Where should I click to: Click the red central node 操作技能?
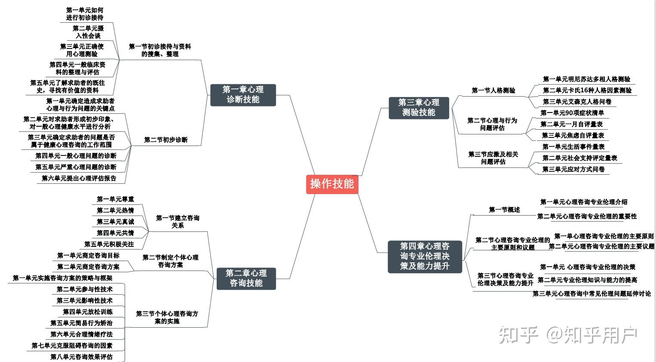coord(332,184)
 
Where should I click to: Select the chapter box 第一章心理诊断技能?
coord(243,94)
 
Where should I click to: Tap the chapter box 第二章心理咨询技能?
coord(246,278)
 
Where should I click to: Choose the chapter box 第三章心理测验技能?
coord(419,107)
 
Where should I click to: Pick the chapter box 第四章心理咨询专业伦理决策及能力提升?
coord(425,256)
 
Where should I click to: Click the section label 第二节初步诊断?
coord(166,140)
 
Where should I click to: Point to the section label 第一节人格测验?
coord(493,90)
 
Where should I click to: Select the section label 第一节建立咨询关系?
coord(178,222)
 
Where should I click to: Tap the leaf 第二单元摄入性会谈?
coord(88,32)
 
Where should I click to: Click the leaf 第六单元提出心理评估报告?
coord(79,178)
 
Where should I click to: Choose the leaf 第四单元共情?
coord(115,233)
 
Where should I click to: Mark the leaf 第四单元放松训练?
coord(88,311)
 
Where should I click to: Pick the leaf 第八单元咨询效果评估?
coord(81,356)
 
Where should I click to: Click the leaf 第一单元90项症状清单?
coord(572,113)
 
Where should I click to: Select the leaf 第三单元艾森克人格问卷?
coord(577,102)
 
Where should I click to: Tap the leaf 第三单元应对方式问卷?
coord(573,169)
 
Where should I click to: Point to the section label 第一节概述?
coord(504,210)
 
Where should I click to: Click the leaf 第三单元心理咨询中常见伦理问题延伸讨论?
coord(592,294)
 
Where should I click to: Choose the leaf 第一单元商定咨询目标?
coord(89,256)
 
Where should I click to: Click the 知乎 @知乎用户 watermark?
coord(567,335)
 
